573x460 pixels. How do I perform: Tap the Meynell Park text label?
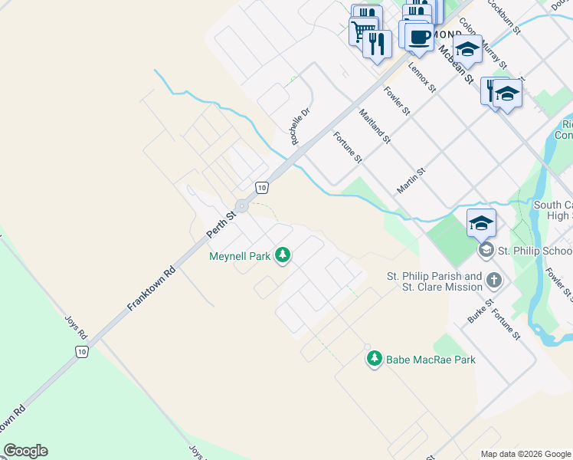point(240,256)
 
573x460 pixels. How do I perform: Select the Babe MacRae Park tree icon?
point(375,359)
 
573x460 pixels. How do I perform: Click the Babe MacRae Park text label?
point(431,360)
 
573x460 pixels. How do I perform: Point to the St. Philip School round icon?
point(485,251)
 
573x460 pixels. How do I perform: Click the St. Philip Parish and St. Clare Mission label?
point(434,281)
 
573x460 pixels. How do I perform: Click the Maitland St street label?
point(375,127)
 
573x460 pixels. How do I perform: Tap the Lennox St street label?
point(421,78)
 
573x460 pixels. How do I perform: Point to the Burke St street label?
point(475,308)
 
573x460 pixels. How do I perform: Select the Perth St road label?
point(223,224)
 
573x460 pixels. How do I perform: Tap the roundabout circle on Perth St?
point(242,205)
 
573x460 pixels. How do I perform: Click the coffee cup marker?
point(418,36)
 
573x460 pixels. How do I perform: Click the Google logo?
point(25,451)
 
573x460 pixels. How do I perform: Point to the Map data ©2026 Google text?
point(525,454)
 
